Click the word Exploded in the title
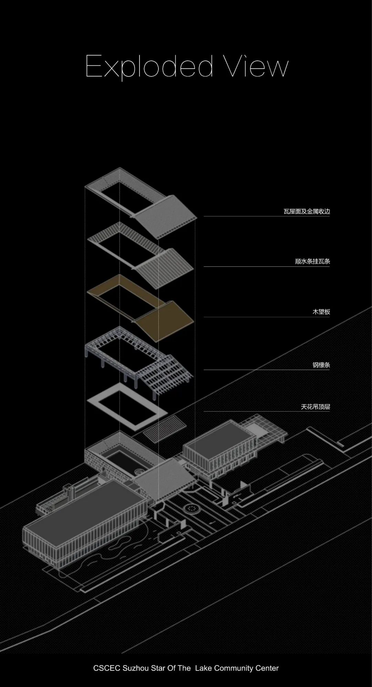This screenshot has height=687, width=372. coord(149,66)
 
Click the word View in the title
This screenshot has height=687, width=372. coord(256,66)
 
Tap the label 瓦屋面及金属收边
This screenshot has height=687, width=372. coord(307,211)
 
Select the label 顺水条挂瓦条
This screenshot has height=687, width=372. coord(312,261)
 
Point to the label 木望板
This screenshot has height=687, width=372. coord(321,312)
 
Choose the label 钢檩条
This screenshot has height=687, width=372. coord(321,365)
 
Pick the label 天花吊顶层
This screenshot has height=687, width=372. coord(315,407)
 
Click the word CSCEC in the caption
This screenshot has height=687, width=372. coord(106,668)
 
